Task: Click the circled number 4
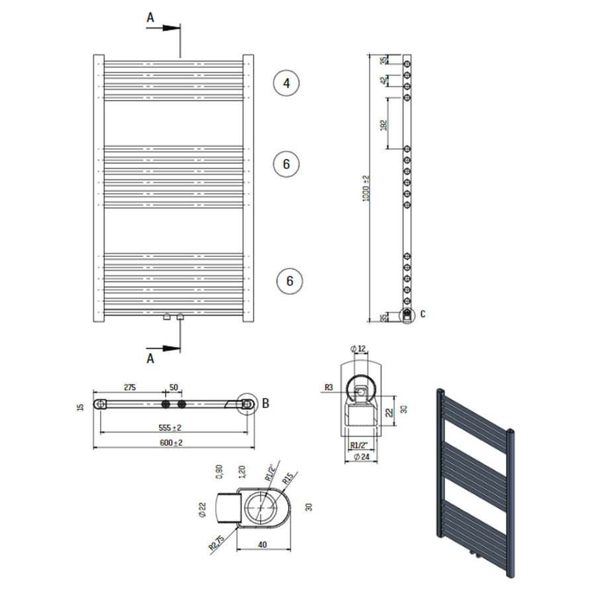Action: pos(286,83)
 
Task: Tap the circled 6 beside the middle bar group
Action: pos(286,164)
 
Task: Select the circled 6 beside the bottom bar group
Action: pos(289,281)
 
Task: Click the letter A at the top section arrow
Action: pos(150,19)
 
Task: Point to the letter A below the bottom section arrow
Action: pos(150,358)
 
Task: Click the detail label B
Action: pos(266,402)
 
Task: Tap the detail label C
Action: pos(422,313)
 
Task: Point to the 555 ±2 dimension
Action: pos(170,427)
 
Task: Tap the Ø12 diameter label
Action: pos(358,349)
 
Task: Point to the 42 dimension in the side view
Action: pos(383,80)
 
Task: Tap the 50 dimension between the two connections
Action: pos(173,388)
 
